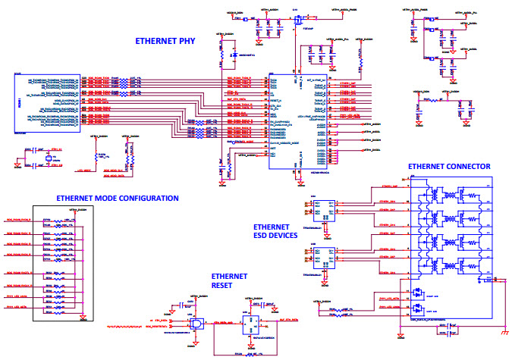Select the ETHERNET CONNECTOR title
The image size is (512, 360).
449,166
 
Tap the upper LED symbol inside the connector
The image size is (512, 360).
416,292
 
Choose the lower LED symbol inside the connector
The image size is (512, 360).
416,309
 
